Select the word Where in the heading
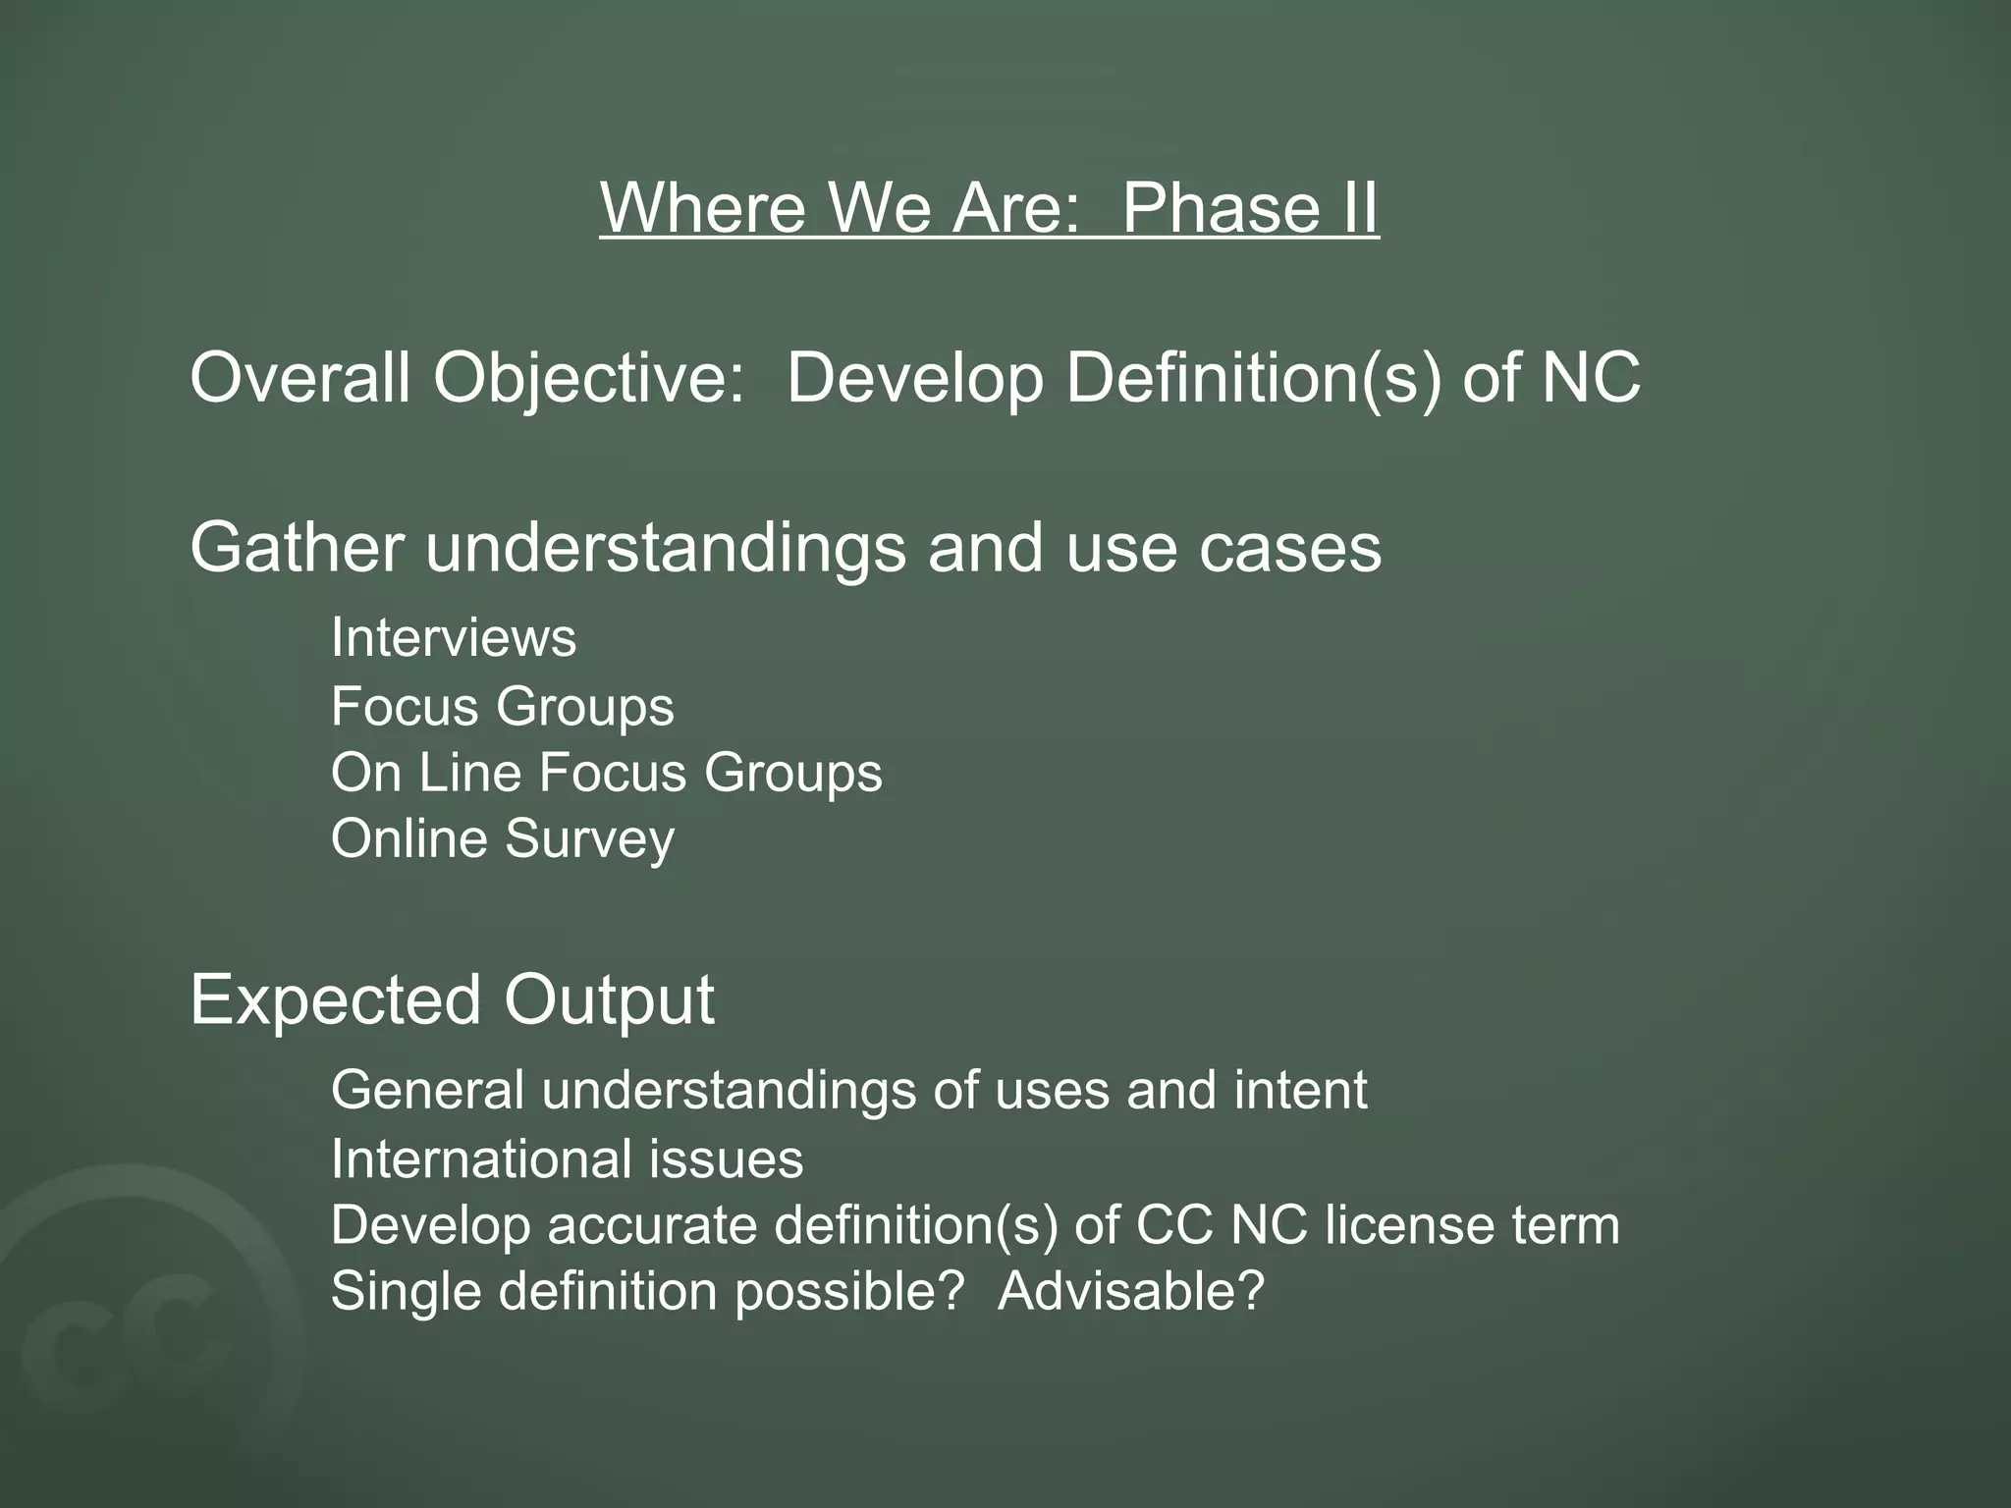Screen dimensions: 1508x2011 pos(703,208)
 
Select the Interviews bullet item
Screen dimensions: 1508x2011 pos(454,638)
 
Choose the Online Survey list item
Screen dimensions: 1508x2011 pos(503,839)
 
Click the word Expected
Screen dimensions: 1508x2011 pos(335,1001)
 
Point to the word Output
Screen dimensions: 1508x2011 pos(609,1001)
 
